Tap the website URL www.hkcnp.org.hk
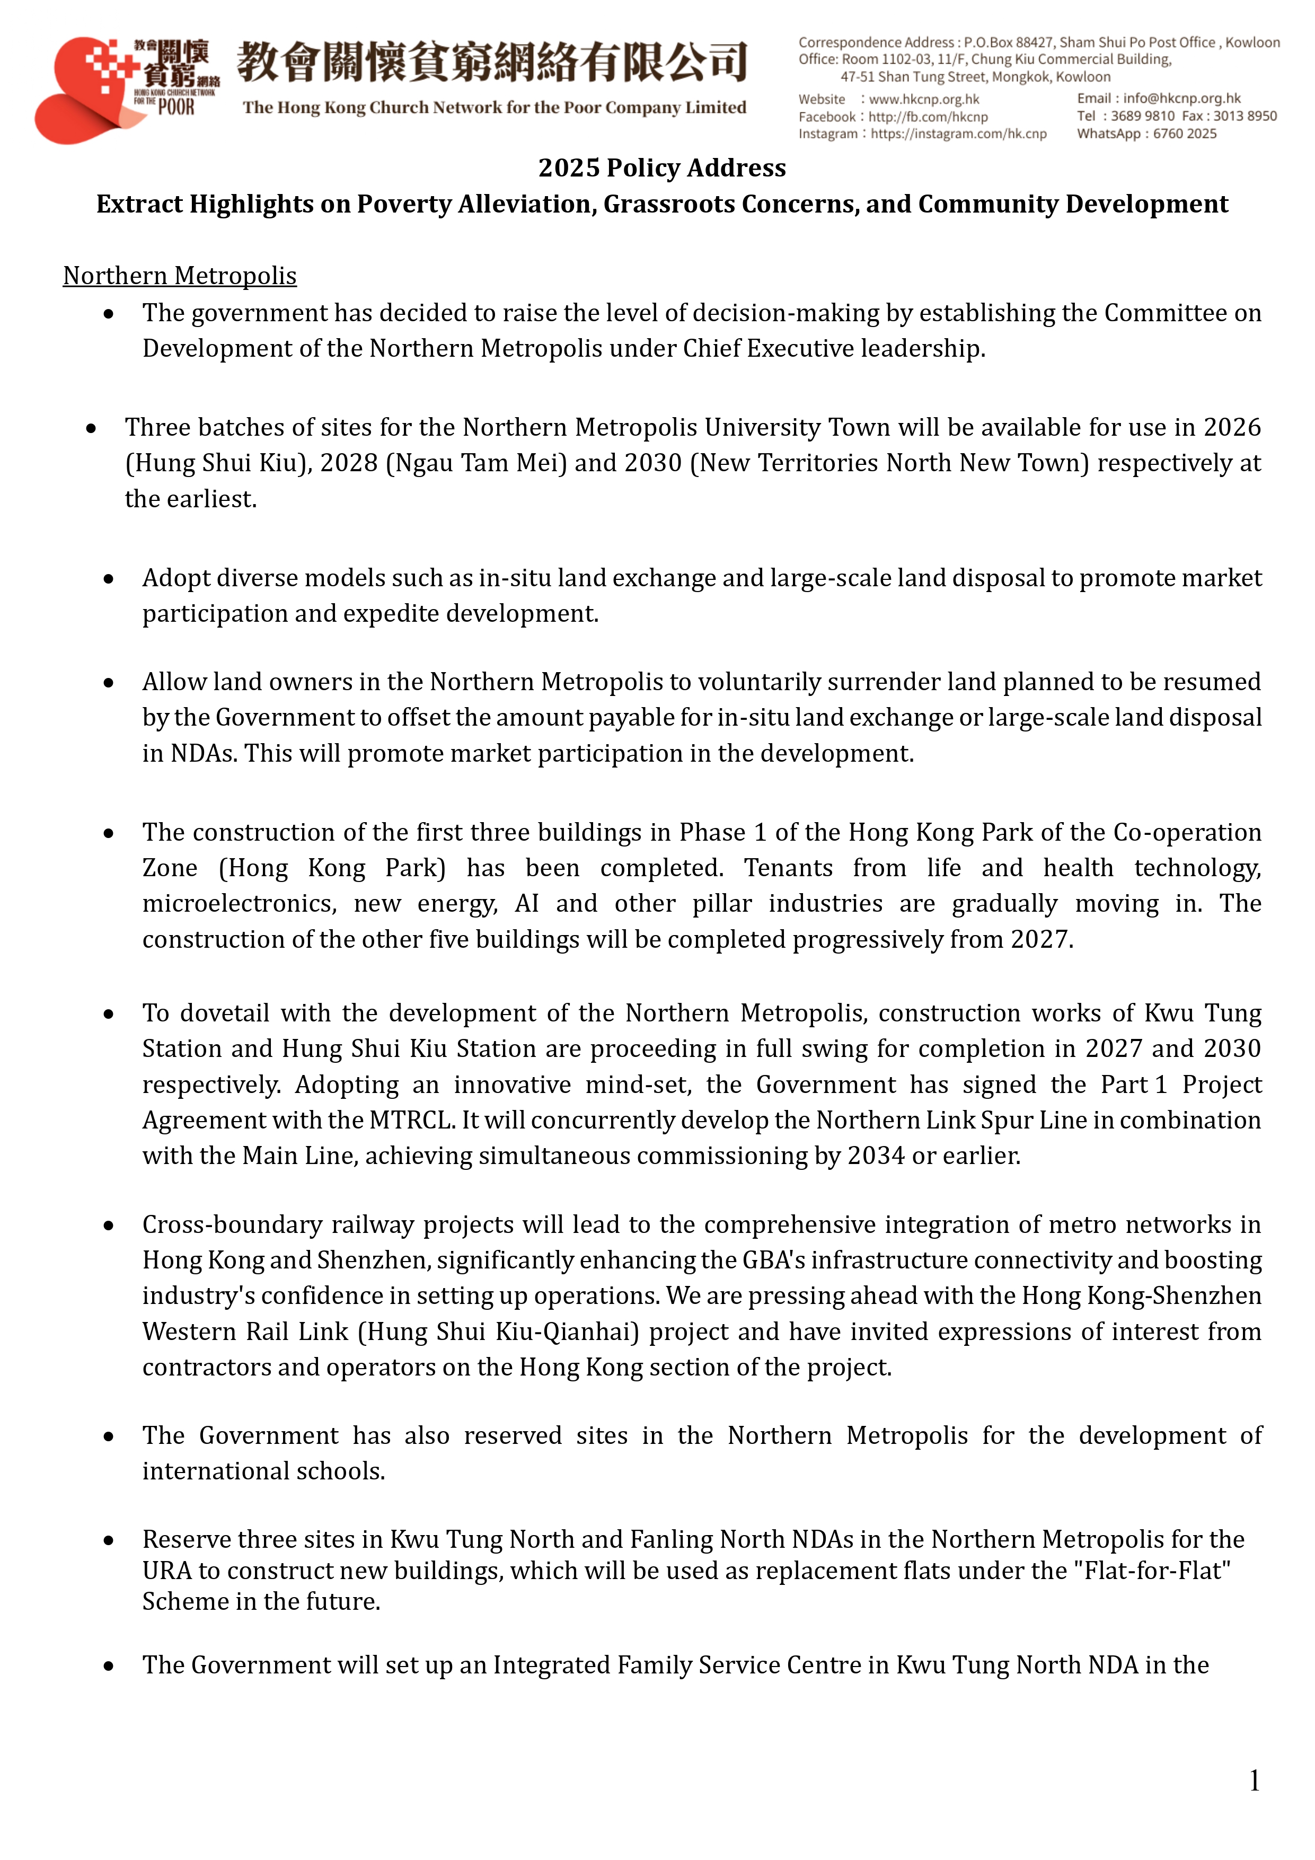(x=924, y=99)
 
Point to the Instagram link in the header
(x=958, y=134)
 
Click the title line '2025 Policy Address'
(x=662, y=168)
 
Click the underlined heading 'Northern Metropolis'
(x=180, y=276)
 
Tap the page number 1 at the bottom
(x=1254, y=1780)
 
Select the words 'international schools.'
(x=263, y=1471)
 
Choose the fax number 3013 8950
(x=1245, y=116)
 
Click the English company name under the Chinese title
(x=494, y=108)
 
